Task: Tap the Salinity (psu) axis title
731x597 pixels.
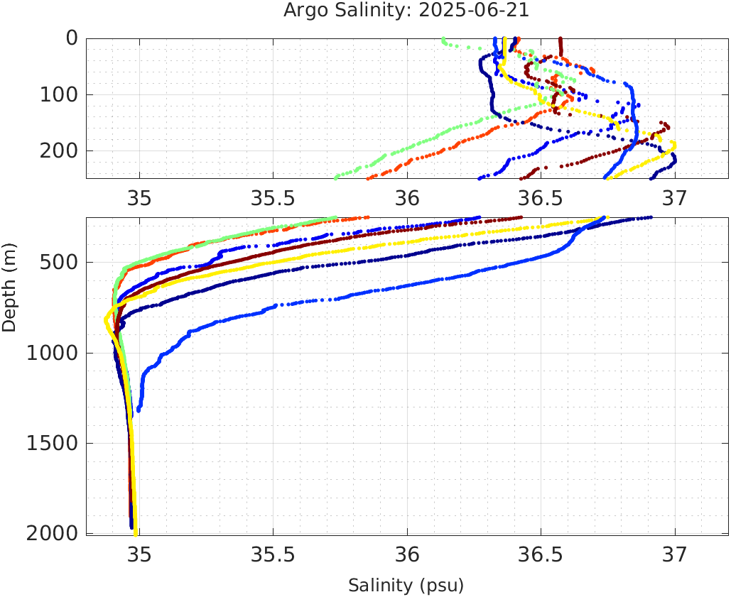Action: pyautogui.click(x=406, y=586)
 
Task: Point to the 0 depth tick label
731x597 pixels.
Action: pyautogui.click(x=72, y=38)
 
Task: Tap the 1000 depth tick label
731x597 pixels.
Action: pyautogui.click(x=50, y=354)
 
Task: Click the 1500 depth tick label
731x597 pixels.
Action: pyautogui.click(x=50, y=444)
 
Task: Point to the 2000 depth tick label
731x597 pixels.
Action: pyautogui.click(x=50, y=534)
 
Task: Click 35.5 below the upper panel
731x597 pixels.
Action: pyautogui.click(x=274, y=197)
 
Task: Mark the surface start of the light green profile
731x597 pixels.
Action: pyautogui.click(x=443, y=39)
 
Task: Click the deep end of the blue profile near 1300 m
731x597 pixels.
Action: pyautogui.click(x=139, y=410)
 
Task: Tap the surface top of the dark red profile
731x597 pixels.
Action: pyautogui.click(x=561, y=39)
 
